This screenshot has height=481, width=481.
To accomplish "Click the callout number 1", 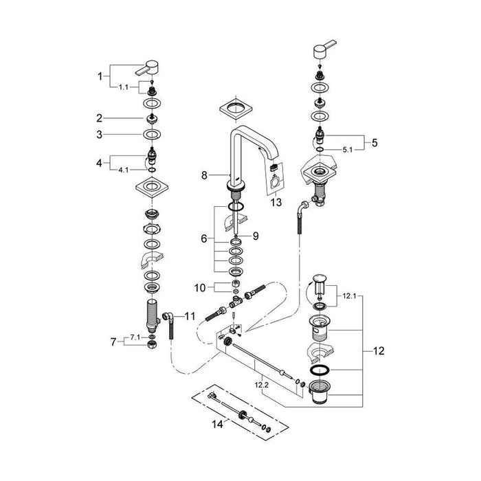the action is tap(100, 76).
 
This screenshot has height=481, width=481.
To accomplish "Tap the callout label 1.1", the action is tap(123, 87).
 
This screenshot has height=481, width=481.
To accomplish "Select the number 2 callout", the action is tap(99, 118).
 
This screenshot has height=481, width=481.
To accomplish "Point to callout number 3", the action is tap(99, 135).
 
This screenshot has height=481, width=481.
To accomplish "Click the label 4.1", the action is tap(123, 170).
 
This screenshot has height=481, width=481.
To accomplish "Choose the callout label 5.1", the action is tap(348, 150).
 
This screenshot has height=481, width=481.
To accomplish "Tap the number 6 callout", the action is tap(204, 238).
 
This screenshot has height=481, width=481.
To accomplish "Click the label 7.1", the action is tap(135, 337).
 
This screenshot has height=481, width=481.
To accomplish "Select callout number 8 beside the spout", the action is tap(204, 175).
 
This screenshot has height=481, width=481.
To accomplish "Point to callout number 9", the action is tap(256, 236).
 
